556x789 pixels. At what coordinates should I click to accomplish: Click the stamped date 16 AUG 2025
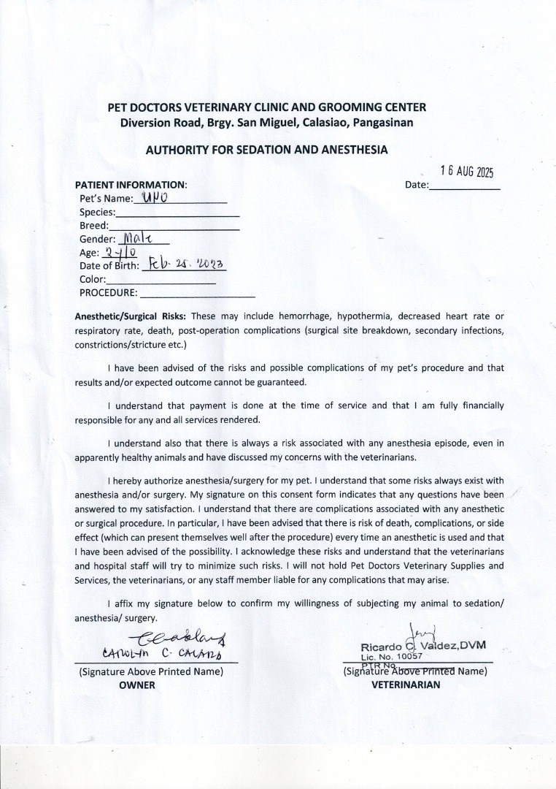click(467, 172)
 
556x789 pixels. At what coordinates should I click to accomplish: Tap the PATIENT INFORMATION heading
click(131, 185)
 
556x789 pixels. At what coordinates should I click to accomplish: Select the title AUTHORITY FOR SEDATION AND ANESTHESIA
click(266, 150)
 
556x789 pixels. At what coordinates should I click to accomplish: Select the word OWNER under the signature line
click(137, 685)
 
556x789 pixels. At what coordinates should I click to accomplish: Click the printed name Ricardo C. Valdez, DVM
click(423, 647)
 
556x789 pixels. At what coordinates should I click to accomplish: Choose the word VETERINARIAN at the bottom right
click(406, 685)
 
